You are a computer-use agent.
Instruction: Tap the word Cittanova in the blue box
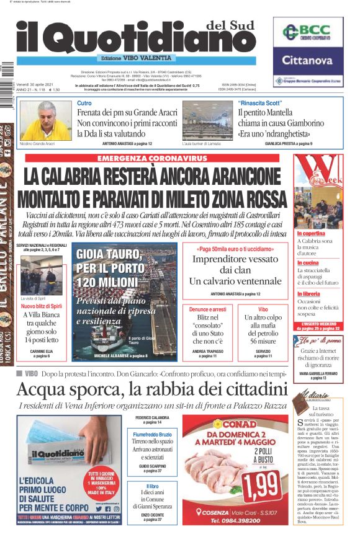point(308,60)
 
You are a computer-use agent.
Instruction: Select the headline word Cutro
point(84,103)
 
